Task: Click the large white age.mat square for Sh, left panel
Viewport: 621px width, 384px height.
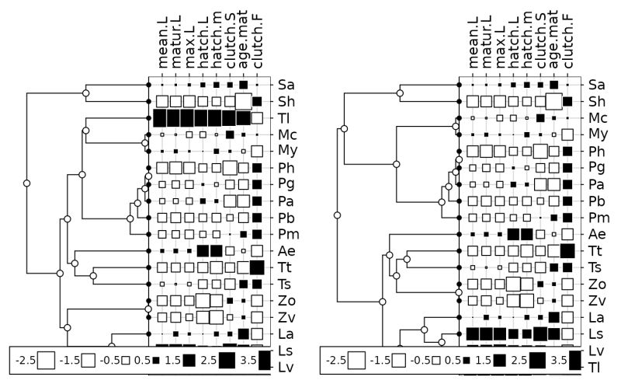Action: pyautogui.click(x=243, y=101)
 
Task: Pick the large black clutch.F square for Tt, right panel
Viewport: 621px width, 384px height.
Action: pyautogui.click(x=567, y=250)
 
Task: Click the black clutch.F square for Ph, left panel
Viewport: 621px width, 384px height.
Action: pyautogui.click(x=257, y=167)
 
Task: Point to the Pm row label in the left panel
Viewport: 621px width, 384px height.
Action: pyautogui.click(x=286, y=234)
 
